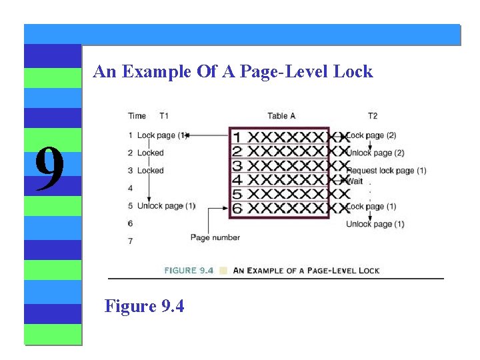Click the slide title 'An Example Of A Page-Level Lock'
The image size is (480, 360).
pos(233,72)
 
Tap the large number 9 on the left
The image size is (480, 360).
pos(49,169)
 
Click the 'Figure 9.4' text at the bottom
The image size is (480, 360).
pos(144,306)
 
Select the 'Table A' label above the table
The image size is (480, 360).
pos(281,116)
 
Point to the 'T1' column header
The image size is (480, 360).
pos(164,116)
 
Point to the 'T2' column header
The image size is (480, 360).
pos(373,116)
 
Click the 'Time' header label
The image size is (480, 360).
pos(137,116)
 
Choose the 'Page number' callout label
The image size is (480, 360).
pos(215,237)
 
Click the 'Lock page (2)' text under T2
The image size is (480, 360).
pos(372,135)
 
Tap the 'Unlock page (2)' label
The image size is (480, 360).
pos(375,153)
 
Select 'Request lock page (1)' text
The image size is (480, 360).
pos(387,171)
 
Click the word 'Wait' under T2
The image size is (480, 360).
pos(355,180)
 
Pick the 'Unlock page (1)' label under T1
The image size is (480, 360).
pos(166,206)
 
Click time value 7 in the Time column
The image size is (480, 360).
pos(131,241)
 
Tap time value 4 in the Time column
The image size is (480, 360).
pos(131,189)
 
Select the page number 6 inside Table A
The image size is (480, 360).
pos(237,209)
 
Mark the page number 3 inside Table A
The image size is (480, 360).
pos(237,166)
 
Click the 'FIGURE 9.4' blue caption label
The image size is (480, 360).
pos(189,271)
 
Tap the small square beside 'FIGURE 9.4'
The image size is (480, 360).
pos(223,271)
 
